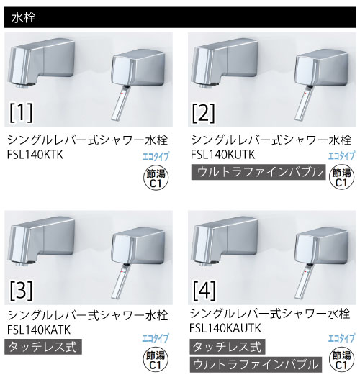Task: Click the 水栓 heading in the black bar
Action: coord(23,17)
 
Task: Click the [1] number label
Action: coord(21,113)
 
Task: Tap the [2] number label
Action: coord(204,114)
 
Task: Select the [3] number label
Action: coord(21,291)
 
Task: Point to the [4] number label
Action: coord(204,291)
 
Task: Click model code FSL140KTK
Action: coord(35,155)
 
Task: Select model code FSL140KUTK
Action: coord(222,155)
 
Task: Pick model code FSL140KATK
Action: coord(39,330)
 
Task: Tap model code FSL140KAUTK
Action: coord(225,328)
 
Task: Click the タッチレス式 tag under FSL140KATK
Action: coord(43,347)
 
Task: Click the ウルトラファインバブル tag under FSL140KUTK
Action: coord(258,172)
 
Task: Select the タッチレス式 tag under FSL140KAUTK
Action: coord(228,347)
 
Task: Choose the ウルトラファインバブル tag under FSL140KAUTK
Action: coord(256,365)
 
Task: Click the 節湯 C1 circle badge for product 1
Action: coord(156,178)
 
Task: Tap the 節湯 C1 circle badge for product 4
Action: coord(341,360)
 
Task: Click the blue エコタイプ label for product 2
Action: coord(341,156)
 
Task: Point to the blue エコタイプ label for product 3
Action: coord(156,338)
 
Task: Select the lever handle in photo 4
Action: coord(304,282)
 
